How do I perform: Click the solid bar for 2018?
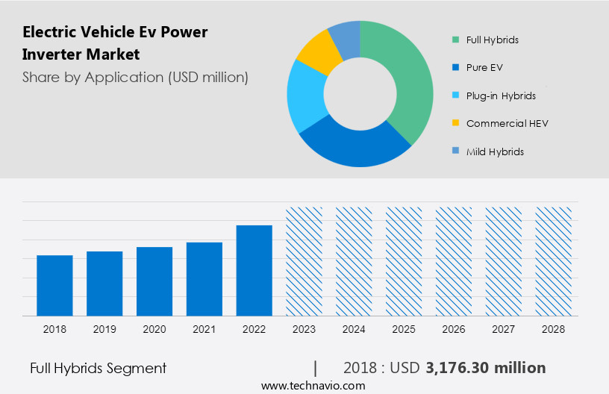pos(54,285)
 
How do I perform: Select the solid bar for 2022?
pos(254,270)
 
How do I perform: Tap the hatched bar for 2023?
pos(304,261)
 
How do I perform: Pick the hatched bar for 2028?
pos(554,261)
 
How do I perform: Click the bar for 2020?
pos(154,281)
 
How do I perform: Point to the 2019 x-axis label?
pos(104,329)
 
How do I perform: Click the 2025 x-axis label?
pos(404,329)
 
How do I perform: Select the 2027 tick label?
pos(504,329)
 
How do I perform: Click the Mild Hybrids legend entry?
pos(494,151)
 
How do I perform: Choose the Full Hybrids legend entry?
pos(492,40)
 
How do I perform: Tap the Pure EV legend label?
pos(484,67)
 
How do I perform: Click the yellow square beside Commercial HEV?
pos(455,123)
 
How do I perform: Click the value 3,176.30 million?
pos(485,368)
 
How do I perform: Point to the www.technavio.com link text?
pos(313,386)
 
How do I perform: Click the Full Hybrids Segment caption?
pos(98,368)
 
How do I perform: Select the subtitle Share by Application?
pos(135,77)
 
